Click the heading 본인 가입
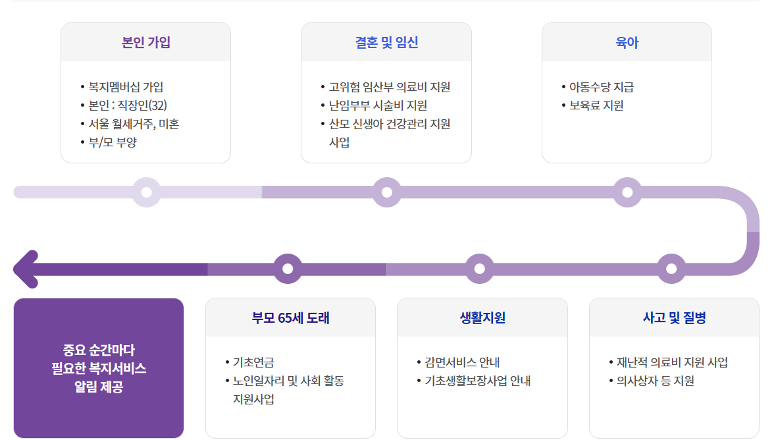145,43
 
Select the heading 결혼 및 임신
386,43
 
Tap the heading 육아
627,43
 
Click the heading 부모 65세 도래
290,318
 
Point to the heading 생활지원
482,318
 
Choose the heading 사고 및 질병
674,318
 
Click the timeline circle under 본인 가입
147,192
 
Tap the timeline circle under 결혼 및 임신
387,192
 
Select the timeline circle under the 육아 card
627,192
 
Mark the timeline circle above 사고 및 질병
671,269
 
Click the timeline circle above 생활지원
479,269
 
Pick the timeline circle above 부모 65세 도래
288,269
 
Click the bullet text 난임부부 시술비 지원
378,105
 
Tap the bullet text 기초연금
253,362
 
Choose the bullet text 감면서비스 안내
462,362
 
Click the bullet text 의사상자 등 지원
655,381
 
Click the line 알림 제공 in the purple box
99,387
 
